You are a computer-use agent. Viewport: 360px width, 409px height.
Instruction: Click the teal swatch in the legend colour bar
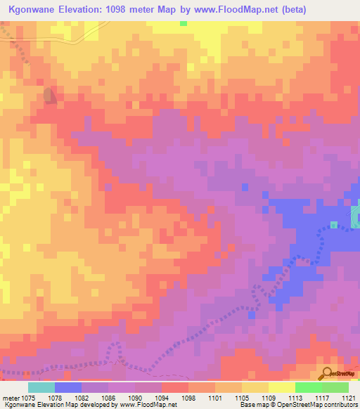click(41, 387)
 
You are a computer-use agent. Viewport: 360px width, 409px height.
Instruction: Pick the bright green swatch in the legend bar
click(308, 387)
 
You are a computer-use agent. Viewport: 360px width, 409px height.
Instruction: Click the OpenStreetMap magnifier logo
click(327, 372)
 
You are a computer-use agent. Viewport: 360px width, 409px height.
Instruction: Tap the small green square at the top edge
click(184, 23)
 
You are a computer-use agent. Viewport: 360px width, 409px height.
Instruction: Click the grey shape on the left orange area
click(50, 96)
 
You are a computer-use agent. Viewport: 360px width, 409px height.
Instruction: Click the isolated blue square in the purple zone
click(245, 187)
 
